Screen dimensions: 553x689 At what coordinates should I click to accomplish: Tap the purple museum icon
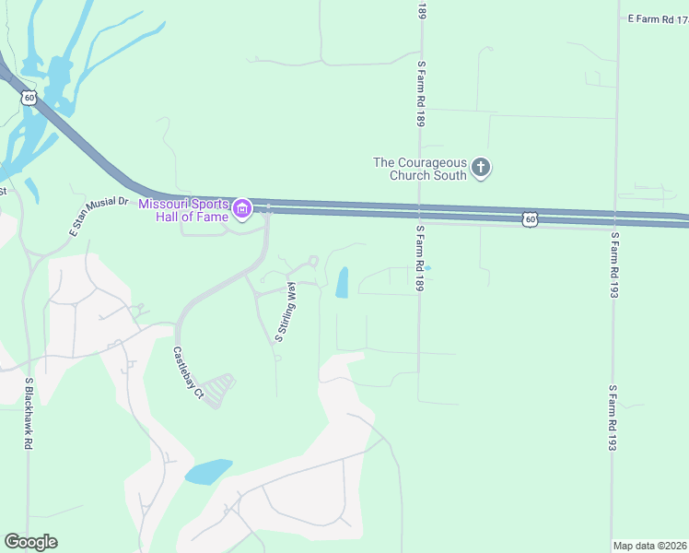click(242, 210)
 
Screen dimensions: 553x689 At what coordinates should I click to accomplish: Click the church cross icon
click(480, 168)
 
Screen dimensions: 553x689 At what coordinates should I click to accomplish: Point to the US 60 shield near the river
click(29, 98)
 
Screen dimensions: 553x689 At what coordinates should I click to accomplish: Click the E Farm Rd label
click(657, 18)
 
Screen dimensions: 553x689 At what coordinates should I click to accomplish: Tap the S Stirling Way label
click(285, 313)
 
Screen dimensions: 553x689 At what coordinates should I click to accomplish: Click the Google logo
click(30, 542)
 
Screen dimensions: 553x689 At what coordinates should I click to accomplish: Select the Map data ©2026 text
click(649, 546)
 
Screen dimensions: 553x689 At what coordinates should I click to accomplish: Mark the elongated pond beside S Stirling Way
click(342, 282)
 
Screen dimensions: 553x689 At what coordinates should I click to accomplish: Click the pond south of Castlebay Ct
click(208, 471)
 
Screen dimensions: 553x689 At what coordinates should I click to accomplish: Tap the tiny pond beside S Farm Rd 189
click(426, 268)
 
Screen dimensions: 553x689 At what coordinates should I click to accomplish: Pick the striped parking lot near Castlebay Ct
click(219, 391)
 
